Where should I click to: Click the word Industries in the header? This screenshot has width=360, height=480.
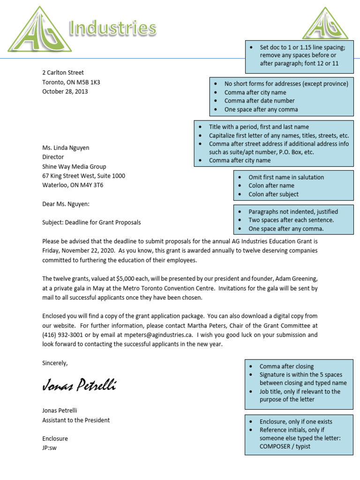point(112,29)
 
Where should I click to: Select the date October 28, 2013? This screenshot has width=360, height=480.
point(65,91)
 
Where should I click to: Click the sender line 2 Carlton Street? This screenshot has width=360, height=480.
point(63,73)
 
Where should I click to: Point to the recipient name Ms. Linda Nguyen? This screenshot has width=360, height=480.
point(66,148)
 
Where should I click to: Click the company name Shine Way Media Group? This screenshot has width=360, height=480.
point(74,166)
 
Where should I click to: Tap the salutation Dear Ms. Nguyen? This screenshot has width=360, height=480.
point(66,204)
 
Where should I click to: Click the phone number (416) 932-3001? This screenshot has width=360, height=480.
point(63,335)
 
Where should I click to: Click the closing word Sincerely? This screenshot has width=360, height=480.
point(55,363)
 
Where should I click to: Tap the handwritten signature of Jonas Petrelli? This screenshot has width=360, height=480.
point(79,386)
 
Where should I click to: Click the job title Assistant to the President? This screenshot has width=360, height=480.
point(76,420)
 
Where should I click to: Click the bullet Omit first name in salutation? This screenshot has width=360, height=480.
point(286,177)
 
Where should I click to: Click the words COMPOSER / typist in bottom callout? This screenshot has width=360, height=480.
point(285,446)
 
